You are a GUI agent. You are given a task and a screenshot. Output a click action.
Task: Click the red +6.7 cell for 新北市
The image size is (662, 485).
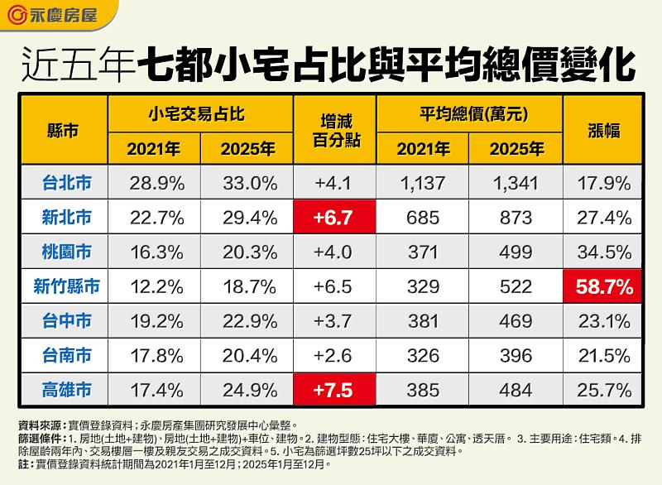click(333, 218)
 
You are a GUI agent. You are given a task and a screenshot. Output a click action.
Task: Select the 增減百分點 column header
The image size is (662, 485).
click(333, 131)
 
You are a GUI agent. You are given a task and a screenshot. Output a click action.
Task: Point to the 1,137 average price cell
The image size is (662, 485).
click(422, 183)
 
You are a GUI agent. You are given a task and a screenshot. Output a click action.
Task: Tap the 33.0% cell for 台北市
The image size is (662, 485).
click(247, 183)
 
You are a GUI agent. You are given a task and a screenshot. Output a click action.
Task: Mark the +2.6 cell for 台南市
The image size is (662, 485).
click(333, 355)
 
